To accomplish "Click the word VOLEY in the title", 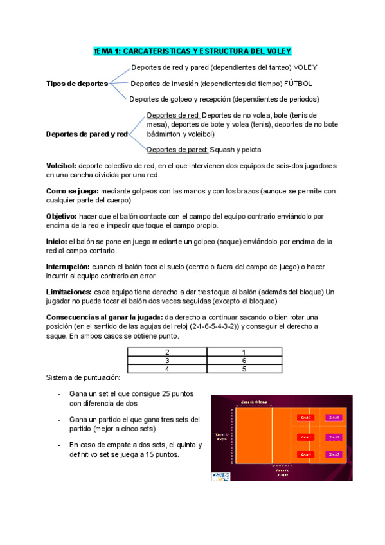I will tap(278, 51).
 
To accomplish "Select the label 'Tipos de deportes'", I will tap(77, 84).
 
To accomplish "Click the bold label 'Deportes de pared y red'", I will tap(87, 134).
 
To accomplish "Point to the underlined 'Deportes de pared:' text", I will tap(177, 150).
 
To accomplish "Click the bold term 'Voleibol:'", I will tap(62, 166).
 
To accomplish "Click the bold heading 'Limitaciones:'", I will tap(72, 292).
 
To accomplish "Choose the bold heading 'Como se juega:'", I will tap(73, 192).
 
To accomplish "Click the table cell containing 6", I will tap(244, 361).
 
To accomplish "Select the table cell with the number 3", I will tap(167, 361).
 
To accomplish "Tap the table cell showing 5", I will tap(244, 369).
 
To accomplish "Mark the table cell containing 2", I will tap(167, 352).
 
